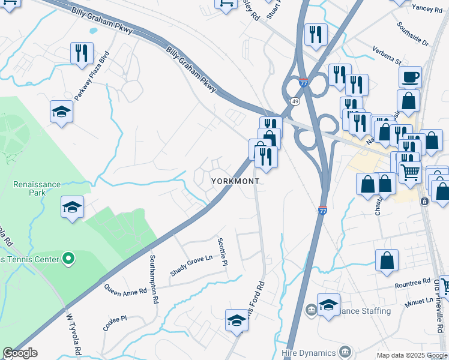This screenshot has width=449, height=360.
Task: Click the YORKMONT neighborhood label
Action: [x=235, y=181]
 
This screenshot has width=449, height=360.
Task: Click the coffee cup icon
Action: [x=410, y=77]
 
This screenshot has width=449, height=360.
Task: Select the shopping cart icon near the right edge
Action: [x=410, y=172]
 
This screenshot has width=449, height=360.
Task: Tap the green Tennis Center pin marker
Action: [x=68, y=259]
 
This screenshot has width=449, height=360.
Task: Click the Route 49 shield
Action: [x=295, y=101]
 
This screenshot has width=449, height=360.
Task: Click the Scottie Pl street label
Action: [x=224, y=252]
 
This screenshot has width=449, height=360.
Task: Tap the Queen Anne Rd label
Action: [x=125, y=290]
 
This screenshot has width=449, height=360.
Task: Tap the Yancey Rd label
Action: [x=427, y=8]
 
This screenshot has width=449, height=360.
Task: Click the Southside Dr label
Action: [x=413, y=35]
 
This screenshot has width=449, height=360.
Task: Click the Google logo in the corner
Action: [x=20, y=353]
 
